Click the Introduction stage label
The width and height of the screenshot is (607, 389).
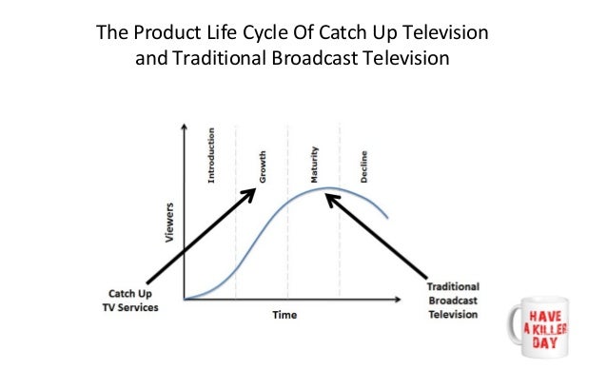point(211,155)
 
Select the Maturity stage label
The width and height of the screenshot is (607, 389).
point(314,165)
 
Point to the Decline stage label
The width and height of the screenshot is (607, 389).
point(364,167)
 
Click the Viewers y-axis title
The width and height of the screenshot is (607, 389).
point(169,221)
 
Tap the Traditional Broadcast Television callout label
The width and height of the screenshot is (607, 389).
point(453,300)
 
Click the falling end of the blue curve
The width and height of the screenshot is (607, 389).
point(387,218)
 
